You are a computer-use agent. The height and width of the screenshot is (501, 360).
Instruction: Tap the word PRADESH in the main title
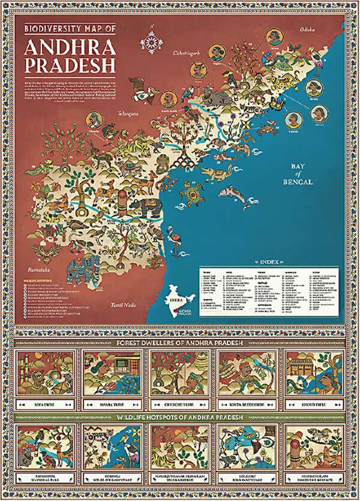point(73,64)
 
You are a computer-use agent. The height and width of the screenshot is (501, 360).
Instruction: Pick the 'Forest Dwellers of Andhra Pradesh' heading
point(180,342)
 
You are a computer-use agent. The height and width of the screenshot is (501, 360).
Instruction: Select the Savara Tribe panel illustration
point(113,371)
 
